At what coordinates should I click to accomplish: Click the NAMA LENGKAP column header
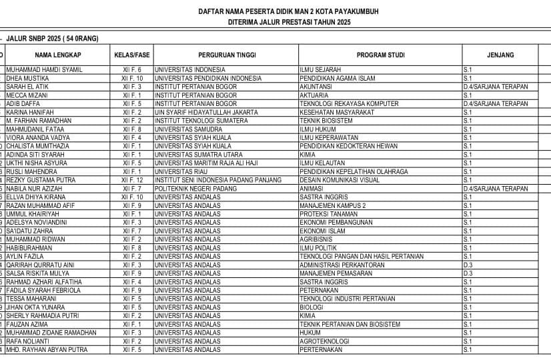pos(58,55)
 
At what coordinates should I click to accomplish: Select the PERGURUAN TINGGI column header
pos(226,55)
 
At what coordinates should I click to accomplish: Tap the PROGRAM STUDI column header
pos(380,55)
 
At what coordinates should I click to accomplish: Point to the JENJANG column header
pos(500,55)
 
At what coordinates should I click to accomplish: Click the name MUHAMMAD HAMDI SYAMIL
pos(44,69)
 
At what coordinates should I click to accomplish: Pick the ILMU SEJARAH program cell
pos(320,69)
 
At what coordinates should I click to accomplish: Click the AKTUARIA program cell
pos(316,95)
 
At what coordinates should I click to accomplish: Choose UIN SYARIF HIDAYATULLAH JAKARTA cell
pos(206,112)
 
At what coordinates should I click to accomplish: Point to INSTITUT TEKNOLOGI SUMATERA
pos(198,121)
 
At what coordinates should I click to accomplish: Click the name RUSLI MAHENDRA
pos(32,171)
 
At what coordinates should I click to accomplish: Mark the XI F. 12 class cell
pos(132,180)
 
